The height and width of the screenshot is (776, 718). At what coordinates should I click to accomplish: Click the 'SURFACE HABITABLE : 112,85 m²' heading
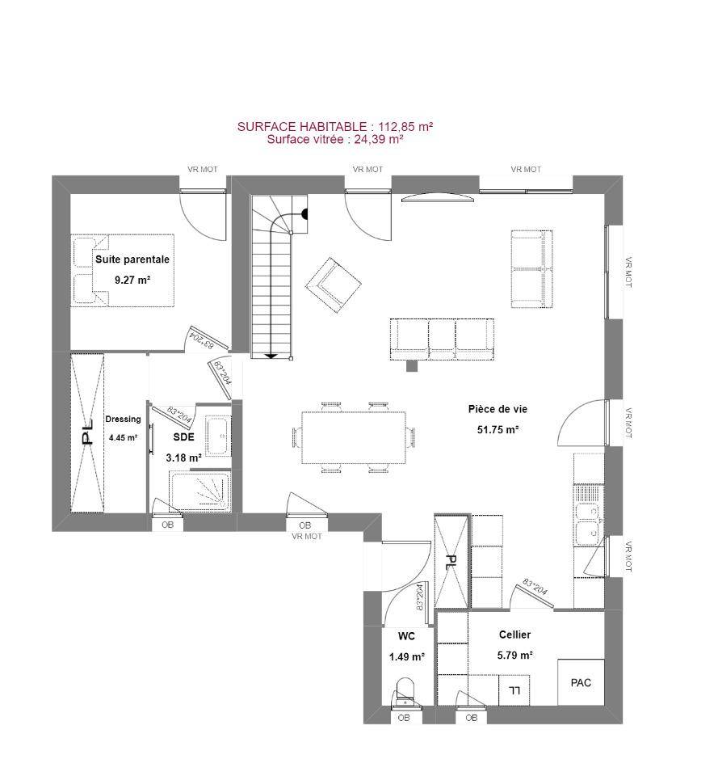335,127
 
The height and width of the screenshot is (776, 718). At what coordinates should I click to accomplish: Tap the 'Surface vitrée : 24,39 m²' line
335,139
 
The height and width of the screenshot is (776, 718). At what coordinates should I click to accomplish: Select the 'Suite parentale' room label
132,259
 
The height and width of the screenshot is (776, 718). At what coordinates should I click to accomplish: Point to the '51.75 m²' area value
498,429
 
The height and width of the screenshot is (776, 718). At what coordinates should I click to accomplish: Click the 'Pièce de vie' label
498,409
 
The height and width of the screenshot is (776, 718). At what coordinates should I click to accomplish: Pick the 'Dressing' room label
123,420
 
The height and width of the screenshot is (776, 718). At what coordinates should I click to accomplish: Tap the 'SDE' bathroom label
183,437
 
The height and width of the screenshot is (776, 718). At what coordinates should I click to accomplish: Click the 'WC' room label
406,636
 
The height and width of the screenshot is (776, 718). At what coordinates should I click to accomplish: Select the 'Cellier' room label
514,635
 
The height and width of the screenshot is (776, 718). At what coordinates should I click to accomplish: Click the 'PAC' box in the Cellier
581,682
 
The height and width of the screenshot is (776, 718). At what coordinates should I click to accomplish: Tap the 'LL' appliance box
514,690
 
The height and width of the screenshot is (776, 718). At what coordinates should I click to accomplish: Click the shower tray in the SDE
200,491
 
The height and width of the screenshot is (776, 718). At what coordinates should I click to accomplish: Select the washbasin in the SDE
218,436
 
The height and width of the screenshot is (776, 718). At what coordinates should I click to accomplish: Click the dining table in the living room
354,437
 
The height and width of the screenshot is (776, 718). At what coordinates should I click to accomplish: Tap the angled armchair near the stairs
333,286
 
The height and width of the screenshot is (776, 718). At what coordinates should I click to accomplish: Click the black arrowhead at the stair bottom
271,356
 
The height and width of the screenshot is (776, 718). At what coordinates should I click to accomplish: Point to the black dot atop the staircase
305,213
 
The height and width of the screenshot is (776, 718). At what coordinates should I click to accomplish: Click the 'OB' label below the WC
404,718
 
